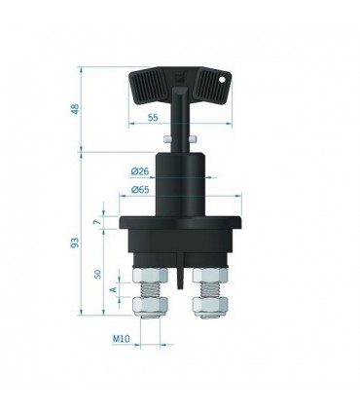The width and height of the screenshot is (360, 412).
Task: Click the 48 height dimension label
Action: tap(75, 109)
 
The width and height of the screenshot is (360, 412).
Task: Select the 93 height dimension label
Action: tap(75, 243)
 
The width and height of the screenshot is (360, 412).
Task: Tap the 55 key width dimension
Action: tap(153, 118)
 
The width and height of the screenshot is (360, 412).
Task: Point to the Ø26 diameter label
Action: tap(140, 171)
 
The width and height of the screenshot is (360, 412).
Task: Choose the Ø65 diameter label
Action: tap(140, 190)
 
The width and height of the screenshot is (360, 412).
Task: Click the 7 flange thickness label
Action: tap(96, 222)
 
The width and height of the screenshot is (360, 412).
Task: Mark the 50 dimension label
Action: tap(97, 274)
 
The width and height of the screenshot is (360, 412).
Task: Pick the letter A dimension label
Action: tap(114, 289)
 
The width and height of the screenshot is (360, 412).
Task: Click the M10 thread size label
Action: tap(121, 339)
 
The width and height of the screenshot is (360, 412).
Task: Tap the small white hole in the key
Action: tap(222, 79)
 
